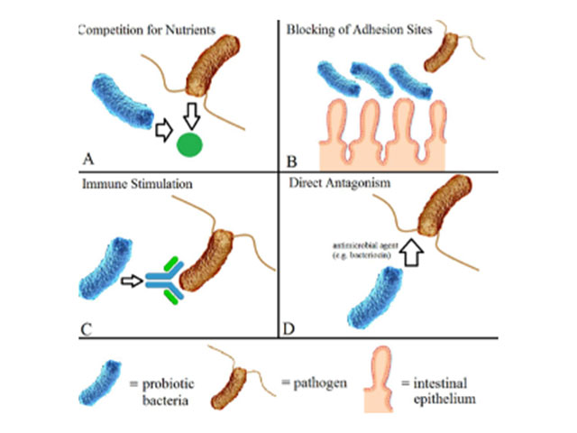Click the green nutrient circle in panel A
(189, 144)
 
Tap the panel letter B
(291, 162)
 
